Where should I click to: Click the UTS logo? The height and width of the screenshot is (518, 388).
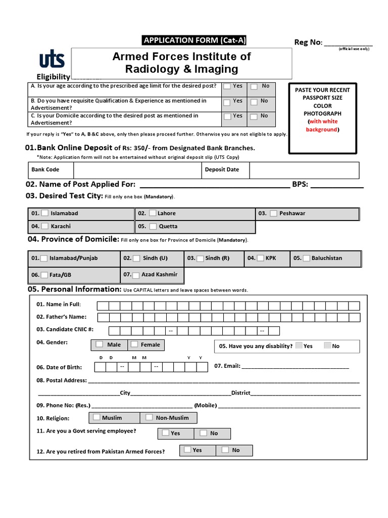[52, 60]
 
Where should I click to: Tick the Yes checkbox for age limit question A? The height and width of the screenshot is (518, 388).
[227, 86]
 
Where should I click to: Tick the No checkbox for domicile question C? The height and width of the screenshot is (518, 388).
[254, 116]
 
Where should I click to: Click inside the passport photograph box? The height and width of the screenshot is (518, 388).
[322, 118]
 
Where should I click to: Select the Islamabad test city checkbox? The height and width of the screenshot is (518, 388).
[45, 213]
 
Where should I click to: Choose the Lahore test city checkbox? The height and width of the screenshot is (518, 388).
[153, 213]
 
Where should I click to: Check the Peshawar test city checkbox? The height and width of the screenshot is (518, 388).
[273, 213]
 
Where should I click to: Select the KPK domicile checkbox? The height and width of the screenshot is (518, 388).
[260, 258]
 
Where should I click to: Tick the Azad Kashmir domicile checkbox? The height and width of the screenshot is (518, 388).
[135, 275]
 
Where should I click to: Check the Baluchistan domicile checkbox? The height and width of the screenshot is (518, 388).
[306, 258]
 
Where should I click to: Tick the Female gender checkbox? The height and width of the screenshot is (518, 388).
[134, 344]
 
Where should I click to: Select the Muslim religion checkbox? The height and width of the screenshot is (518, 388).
[96, 417]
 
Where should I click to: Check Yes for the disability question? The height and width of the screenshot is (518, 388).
[299, 346]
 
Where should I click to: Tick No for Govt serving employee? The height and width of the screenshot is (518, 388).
[203, 433]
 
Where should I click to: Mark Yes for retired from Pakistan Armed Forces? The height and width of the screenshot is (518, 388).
[187, 450]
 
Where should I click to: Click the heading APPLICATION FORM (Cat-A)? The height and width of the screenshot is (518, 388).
[196, 40]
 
